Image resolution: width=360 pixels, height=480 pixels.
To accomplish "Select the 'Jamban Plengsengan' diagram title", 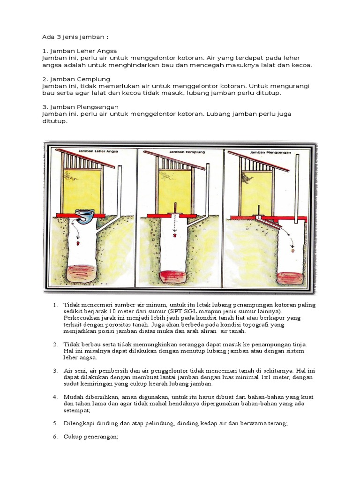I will [268, 152].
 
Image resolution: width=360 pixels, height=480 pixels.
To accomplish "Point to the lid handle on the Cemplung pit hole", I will [175, 208].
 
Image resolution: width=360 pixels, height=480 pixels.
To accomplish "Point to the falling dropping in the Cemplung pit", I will [174, 236].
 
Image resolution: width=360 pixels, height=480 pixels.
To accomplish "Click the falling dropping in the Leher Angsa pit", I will [78, 243].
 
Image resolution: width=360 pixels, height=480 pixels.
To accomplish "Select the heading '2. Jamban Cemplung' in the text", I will [76, 79].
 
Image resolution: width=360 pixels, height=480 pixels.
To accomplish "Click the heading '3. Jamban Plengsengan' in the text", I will [80, 107].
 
